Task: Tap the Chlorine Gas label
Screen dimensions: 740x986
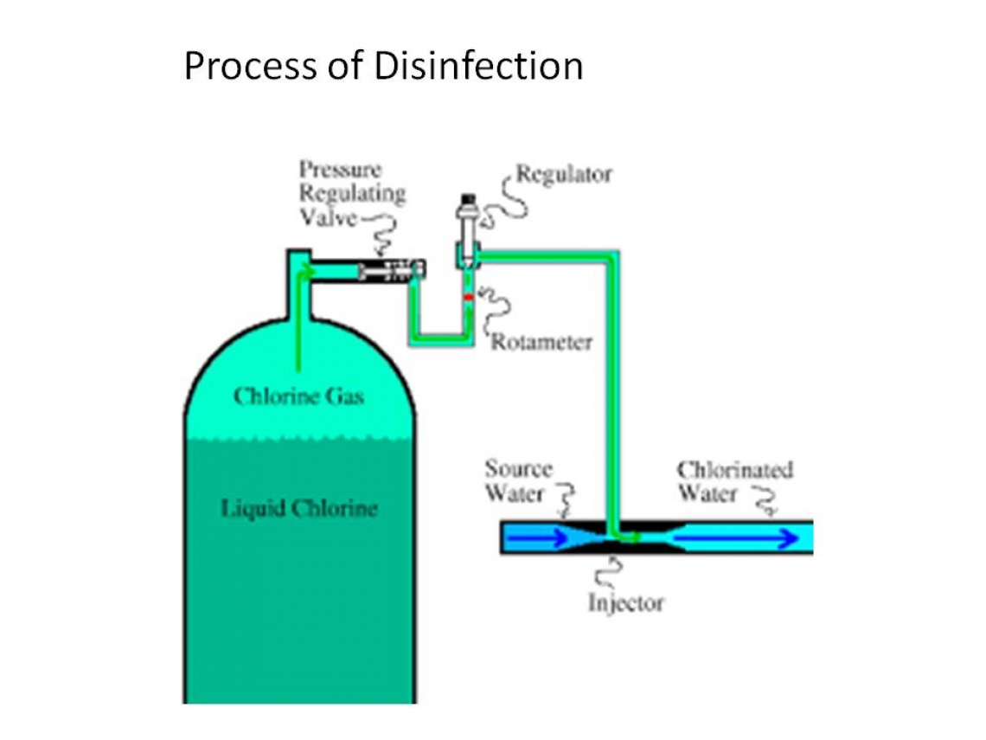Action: click(x=298, y=396)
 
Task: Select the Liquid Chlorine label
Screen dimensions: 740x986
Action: click(x=299, y=507)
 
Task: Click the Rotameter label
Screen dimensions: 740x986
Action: click(x=541, y=343)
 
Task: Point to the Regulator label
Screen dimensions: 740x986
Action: click(x=563, y=174)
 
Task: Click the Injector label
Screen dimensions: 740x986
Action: click(x=626, y=602)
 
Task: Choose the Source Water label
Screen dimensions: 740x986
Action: click(x=517, y=481)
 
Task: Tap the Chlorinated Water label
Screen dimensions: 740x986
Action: click(x=734, y=481)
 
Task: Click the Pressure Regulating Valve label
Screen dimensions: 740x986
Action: click(x=351, y=193)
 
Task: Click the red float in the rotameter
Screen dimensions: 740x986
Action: click(x=468, y=297)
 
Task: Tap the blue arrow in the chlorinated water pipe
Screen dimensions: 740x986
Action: click(x=735, y=538)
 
